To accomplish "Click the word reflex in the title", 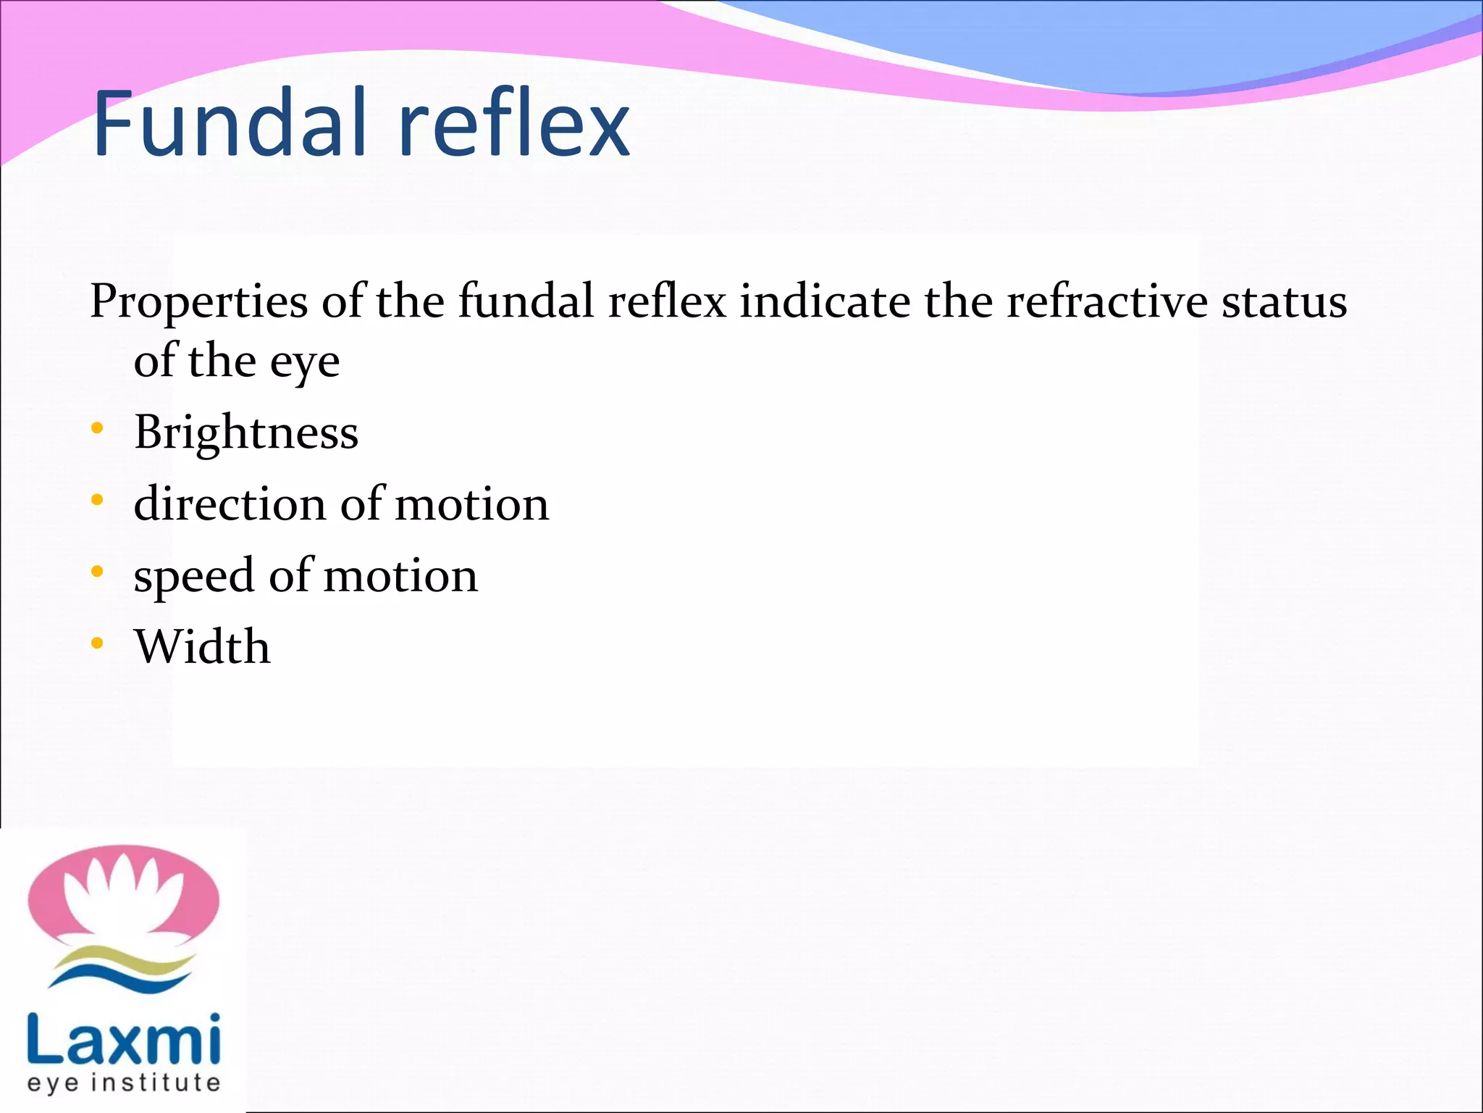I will click(x=514, y=123).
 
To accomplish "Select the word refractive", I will click(x=1106, y=301).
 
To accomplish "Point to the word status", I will click(x=1285, y=302).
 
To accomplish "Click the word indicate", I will click(x=825, y=301).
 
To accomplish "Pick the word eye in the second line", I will click(x=305, y=362).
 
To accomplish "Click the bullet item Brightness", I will click(x=246, y=433).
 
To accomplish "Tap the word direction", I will click(x=230, y=504).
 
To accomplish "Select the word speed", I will click(x=193, y=577).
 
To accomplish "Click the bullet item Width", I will click(x=202, y=646).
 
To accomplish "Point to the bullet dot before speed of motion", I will click(x=98, y=572).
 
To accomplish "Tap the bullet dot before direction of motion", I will click(x=98, y=501).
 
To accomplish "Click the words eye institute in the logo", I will click(x=123, y=1083).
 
